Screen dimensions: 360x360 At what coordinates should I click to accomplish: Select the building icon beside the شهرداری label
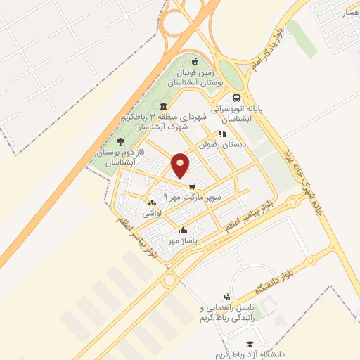pos(164,106)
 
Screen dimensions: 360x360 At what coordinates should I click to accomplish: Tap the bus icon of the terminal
pos(236,98)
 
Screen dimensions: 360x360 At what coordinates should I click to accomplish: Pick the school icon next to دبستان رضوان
pos(221,133)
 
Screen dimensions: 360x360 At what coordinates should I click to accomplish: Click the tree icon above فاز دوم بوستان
pos(122,141)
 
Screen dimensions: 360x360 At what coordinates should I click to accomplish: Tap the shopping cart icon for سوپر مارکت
pos(192,186)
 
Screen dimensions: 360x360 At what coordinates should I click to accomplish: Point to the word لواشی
pos(153,212)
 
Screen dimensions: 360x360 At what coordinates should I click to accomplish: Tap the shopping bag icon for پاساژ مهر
pos(184,230)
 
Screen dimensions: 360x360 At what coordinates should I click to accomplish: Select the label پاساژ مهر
pos(181,240)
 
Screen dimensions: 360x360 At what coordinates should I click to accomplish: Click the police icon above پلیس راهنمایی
pos(226,297)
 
